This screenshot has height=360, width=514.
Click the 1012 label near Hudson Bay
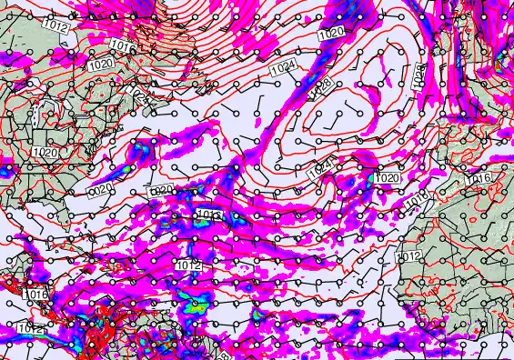[55, 28]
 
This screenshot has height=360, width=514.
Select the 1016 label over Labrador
[122, 45]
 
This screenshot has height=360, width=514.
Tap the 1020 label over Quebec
[101, 65]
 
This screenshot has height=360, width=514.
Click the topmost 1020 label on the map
[332, 33]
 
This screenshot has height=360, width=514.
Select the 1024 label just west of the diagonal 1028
[284, 66]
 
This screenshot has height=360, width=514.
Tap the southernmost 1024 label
[317, 170]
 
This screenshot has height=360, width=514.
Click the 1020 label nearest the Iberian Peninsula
[387, 178]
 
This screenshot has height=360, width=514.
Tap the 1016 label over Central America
[37, 295]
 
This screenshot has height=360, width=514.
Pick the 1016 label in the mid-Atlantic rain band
[208, 215]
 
